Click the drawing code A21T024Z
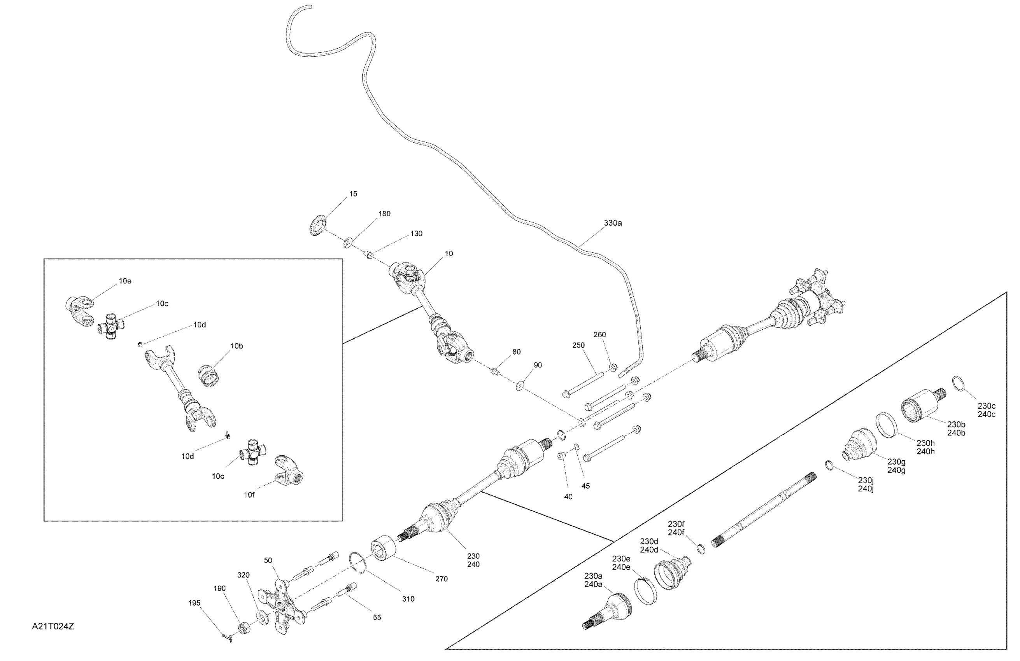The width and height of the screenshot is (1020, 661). [53, 626]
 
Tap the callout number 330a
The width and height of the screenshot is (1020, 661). [612, 223]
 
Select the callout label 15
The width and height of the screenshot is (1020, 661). [353, 194]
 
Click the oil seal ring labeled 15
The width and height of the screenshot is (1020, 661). [317, 226]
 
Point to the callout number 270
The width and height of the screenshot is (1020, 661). [441, 579]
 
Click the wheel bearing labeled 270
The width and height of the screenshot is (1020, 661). [383, 548]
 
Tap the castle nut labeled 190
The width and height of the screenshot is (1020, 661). [244, 628]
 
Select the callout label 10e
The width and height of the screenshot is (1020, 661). [125, 281]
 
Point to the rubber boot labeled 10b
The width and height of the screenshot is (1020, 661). [209, 376]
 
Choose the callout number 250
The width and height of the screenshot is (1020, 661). [578, 345]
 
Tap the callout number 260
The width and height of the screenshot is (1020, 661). [599, 334]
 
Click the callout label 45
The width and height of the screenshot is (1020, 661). [585, 486]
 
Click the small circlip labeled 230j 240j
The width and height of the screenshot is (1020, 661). [829, 464]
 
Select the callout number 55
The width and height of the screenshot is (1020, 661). [377, 617]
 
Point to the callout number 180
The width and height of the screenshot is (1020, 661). [384, 213]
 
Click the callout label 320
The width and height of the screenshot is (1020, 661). [243, 575]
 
